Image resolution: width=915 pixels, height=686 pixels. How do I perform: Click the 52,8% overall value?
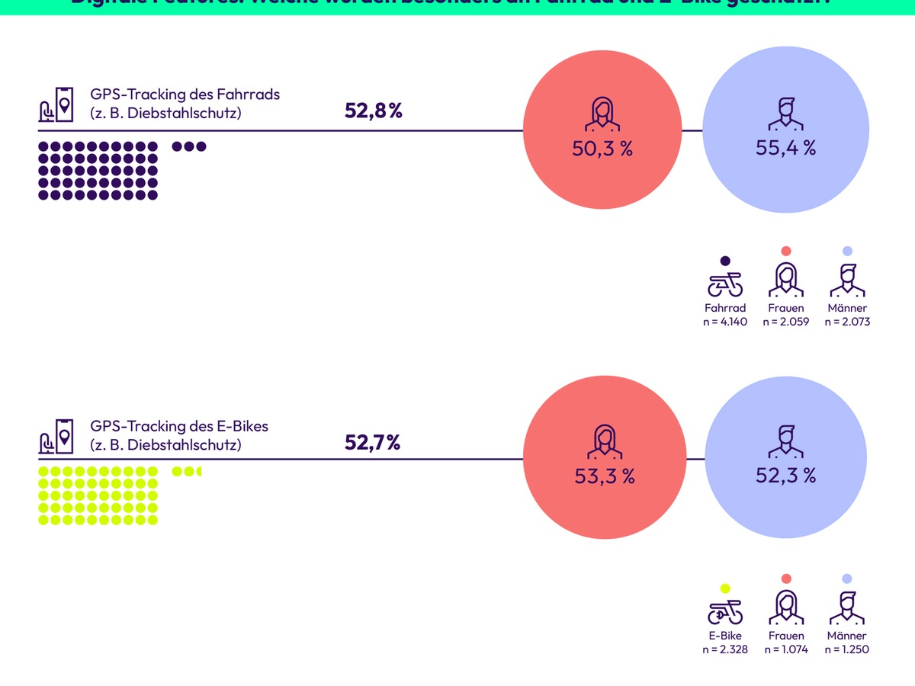click(373, 111)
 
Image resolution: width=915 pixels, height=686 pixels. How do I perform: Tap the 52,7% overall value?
click(372, 442)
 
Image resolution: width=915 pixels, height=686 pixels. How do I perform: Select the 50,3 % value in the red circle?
click(602, 149)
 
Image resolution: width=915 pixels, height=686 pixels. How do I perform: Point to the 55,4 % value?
click(785, 149)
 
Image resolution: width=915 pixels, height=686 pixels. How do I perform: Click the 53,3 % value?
click(604, 476)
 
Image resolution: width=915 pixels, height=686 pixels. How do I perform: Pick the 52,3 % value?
click(785, 476)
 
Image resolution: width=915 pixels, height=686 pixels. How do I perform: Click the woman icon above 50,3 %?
click(602, 114)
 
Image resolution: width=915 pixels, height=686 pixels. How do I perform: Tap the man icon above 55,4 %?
click(785, 114)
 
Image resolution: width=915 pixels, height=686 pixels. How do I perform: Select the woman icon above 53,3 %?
click(604, 442)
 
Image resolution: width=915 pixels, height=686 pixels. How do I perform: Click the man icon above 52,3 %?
click(785, 442)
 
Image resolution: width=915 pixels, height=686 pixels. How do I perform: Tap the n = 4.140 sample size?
click(725, 322)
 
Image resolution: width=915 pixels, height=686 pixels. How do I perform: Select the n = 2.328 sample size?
click(725, 649)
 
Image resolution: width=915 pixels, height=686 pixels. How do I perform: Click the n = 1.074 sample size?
click(786, 649)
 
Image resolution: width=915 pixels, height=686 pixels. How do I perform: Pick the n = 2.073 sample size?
click(847, 322)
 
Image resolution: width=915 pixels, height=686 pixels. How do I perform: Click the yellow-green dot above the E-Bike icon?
click(725, 588)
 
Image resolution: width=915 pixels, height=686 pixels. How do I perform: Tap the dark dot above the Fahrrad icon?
click(725, 261)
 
